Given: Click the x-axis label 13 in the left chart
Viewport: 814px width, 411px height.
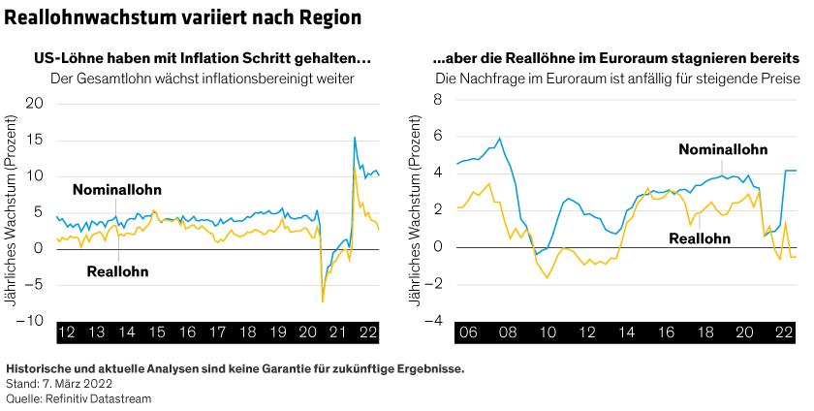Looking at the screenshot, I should click(x=97, y=332).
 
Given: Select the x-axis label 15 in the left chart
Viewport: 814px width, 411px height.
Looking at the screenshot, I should click(x=157, y=332).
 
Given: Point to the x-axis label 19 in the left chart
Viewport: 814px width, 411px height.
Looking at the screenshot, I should click(x=278, y=332).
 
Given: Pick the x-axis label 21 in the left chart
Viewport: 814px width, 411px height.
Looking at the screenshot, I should click(x=338, y=332).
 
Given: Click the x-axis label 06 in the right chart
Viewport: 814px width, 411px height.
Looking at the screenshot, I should click(x=467, y=332).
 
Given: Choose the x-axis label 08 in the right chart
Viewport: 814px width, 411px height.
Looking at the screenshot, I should click(x=507, y=332).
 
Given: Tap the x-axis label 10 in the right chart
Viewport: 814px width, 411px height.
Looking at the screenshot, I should click(x=547, y=332).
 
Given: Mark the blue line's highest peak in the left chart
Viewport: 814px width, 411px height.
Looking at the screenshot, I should click(x=355, y=138).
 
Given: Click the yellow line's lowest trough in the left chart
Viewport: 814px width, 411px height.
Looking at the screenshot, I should click(x=323, y=303).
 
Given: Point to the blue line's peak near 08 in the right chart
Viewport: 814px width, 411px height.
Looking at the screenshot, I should click(x=499, y=138).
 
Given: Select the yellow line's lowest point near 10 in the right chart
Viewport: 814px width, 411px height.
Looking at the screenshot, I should click(x=548, y=278).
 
